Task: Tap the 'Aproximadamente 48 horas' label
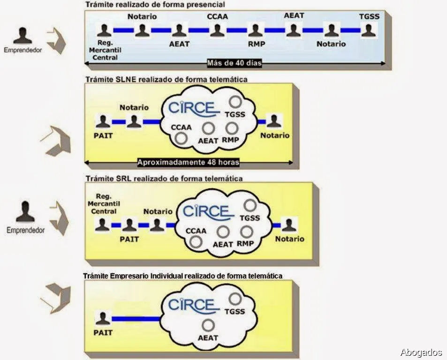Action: coord(189,163)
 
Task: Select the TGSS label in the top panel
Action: coord(369,17)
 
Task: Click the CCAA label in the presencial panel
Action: coord(217,17)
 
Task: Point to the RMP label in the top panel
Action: coord(257,44)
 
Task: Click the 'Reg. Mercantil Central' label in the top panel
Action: coord(105,51)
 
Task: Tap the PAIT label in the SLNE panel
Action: coord(104,135)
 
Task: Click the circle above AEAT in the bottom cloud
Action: coord(208,324)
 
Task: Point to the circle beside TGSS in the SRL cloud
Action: coord(250,205)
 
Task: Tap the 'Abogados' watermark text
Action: coord(421,352)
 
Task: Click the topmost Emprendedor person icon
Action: coord(22,35)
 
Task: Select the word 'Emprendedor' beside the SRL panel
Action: coord(26,230)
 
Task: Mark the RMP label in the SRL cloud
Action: coord(245,244)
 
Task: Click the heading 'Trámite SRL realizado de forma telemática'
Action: coord(163,179)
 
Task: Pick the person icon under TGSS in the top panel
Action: coord(368,30)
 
